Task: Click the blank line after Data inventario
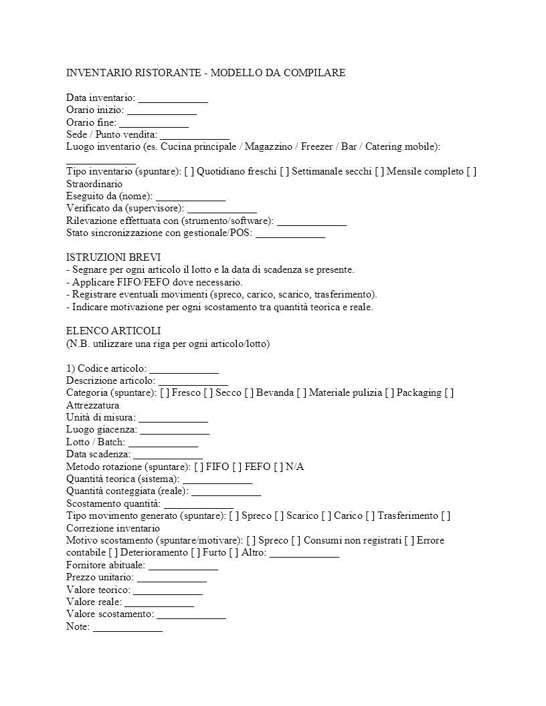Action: [173, 99]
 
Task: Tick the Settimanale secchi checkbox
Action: [285, 172]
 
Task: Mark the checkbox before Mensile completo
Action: [379, 172]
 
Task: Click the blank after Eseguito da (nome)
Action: [191, 197]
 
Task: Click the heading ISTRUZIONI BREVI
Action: [113, 257]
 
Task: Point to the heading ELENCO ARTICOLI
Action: [113, 332]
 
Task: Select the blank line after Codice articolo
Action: [184, 368]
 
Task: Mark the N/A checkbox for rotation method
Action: [279, 467]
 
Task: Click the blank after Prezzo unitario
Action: [172, 577]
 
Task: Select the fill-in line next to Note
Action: [128, 626]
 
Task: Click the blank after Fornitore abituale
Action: [183, 565]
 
